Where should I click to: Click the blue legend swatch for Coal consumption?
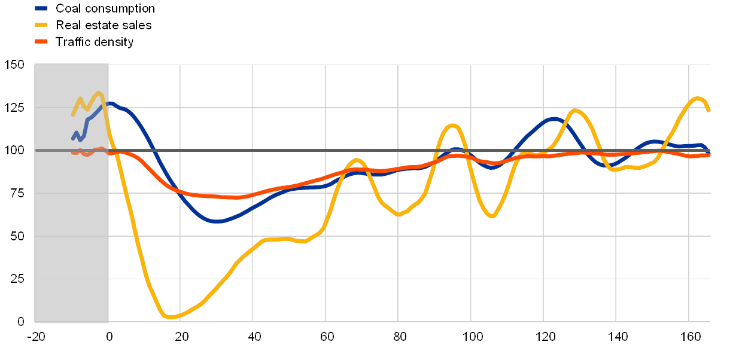coord(41,8)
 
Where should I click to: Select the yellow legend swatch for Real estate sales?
coord(41,25)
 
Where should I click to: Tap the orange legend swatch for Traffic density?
coord(41,42)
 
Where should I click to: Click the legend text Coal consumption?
coord(105,8)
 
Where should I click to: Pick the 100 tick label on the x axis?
coord(471,337)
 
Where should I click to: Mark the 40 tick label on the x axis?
coord(253,337)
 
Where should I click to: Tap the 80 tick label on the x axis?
coord(399,337)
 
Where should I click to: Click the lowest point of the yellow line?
coord(171,317)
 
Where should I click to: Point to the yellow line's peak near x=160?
coord(697,98)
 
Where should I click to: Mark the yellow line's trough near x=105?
coord(492,216)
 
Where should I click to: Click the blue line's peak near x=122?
coord(554,119)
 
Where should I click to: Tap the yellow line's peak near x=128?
coord(575,110)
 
